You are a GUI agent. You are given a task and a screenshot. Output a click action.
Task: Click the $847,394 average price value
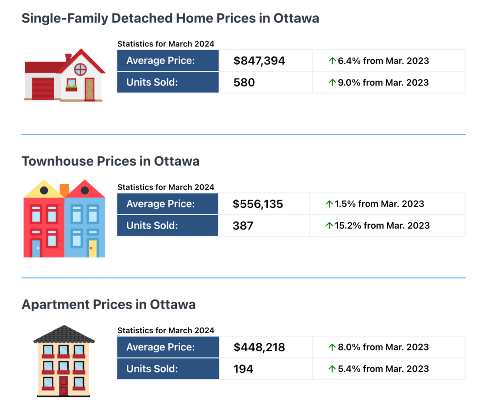[x=259, y=61]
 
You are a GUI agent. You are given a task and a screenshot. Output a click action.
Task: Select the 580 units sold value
[x=244, y=83]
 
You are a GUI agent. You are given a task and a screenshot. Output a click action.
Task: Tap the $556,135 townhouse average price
[x=258, y=204]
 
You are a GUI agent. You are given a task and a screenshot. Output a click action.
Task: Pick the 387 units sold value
[x=243, y=226]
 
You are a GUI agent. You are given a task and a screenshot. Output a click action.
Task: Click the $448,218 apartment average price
[x=259, y=347]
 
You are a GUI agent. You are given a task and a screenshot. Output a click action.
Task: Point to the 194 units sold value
[x=243, y=369]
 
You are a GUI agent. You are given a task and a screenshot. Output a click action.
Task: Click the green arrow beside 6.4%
[x=332, y=61]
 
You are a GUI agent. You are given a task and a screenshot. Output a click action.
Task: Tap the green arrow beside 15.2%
[x=329, y=226]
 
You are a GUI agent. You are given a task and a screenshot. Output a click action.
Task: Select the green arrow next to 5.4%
[x=332, y=369]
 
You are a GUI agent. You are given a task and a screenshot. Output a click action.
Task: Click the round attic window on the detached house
[x=80, y=69]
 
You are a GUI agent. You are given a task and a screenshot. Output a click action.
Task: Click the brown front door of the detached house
[x=89, y=89]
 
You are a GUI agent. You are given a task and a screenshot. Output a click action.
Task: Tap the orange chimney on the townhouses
[x=64, y=189]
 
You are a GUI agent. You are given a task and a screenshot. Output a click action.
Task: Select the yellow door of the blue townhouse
[x=93, y=249]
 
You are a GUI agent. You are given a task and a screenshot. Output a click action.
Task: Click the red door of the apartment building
[x=63, y=387]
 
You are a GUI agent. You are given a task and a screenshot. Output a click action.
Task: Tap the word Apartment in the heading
[x=56, y=304]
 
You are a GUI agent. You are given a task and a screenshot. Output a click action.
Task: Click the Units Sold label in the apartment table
[x=152, y=369]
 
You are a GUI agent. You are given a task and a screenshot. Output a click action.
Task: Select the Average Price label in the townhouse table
[x=160, y=204]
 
